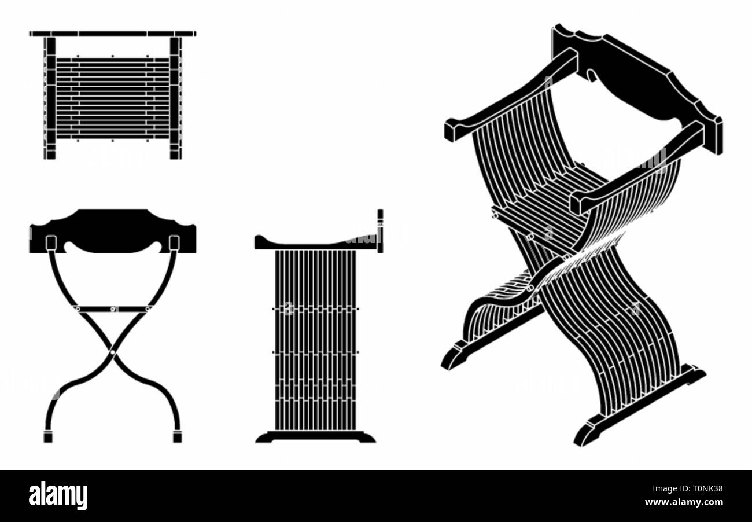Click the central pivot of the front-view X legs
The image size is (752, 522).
coord(112,351)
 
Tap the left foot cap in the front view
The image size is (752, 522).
coord(48,436)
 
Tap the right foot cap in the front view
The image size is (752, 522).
coord(177,436)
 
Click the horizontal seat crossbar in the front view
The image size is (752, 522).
coord(112,309)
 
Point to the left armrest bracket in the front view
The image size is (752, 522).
coord(50,242)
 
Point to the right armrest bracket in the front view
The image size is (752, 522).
coord(174,242)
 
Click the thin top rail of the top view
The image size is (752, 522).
coord(112,34)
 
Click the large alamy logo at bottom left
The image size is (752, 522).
coord(58,496)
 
